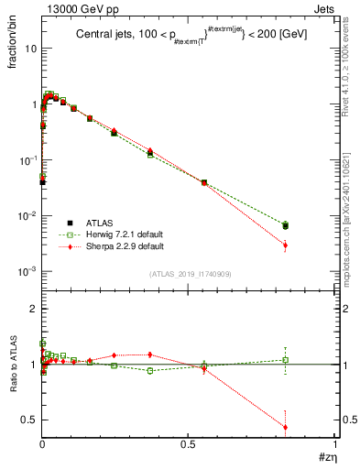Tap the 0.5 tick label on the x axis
coord(189,443)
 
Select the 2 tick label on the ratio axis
coord(33,309)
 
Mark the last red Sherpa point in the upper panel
coord(286,245)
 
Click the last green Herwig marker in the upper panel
coord(286,224)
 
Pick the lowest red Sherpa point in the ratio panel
coord(286,427)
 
